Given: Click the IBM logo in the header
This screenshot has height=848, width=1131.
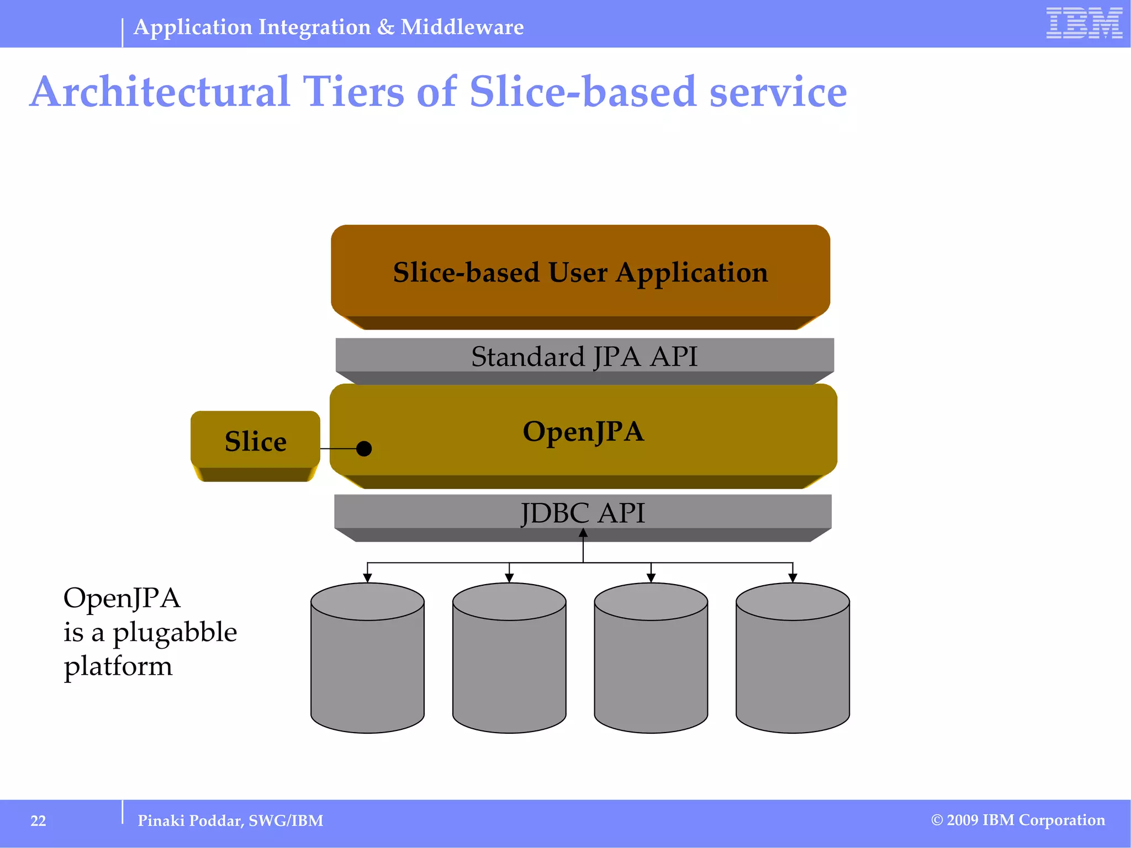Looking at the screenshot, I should pos(1084,23).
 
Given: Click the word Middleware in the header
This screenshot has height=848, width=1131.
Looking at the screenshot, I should pos(462,27).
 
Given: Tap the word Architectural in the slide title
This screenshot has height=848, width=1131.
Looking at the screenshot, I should pos(160,92).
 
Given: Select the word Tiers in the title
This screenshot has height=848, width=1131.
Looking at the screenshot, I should pos(353,92).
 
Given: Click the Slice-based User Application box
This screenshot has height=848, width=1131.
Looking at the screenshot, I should pos(580,273).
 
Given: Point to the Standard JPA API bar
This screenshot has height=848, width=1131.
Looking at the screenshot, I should pos(584,356).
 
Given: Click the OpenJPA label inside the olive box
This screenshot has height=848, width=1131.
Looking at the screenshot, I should pos(584,432).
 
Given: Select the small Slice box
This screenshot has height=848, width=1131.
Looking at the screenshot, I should pos(255,442).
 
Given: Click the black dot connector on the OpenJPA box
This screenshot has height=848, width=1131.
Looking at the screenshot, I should pos(364,449).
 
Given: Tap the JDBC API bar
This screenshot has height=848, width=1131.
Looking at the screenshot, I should pos(583,512).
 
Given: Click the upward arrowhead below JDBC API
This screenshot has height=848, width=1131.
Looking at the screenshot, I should pos(583,533).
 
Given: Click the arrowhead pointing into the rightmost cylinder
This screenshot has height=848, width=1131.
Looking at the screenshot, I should pos(792,577).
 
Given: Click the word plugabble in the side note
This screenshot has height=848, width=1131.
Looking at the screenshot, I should pos(175,633).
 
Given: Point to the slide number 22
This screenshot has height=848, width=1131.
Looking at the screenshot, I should pos(38,821).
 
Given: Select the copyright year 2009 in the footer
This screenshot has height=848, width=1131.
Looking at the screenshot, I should pos(963,820).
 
